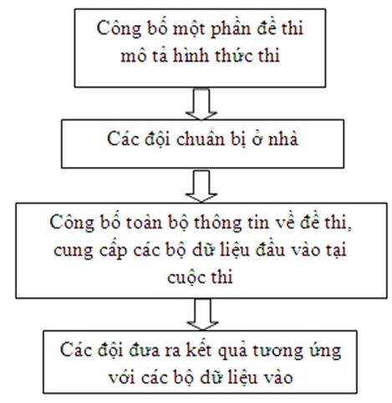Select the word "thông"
tap(217, 224)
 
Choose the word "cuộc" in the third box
tap(185, 277)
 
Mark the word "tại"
tap(336, 249)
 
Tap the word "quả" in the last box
tap(232, 351)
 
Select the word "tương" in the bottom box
tap(277, 351)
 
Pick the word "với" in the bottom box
tap(122, 377)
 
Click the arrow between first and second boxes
tap(201, 104)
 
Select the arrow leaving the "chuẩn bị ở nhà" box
tap(201, 185)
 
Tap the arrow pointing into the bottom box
tap(202, 315)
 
